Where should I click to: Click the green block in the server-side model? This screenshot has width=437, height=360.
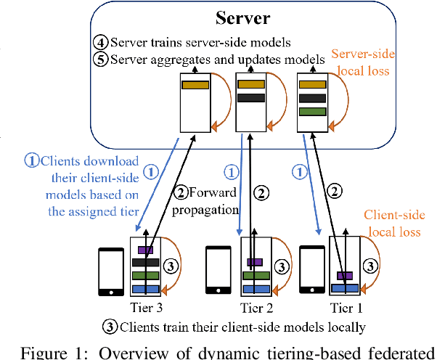(x=312, y=112)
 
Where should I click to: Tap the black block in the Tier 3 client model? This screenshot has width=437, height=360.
(x=145, y=262)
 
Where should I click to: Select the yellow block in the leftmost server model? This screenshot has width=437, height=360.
(x=195, y=85)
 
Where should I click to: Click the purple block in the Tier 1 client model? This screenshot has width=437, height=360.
(x=343, y=275)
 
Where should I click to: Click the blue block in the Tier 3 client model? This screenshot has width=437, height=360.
(x=145, y=289)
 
